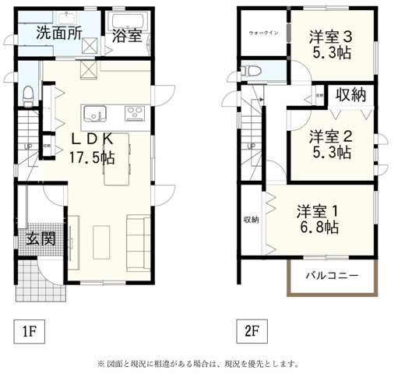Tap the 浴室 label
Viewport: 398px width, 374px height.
click(x=126, y=36)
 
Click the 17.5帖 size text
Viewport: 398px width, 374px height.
click(x=91, y=156)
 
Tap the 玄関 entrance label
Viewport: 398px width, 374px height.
click(x=39, y=238)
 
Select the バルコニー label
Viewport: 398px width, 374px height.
click(x=331, y=276)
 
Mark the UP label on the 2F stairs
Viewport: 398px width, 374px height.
click(x=251, y=146)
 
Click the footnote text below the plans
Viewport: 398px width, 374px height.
click(x=198, y=363)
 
